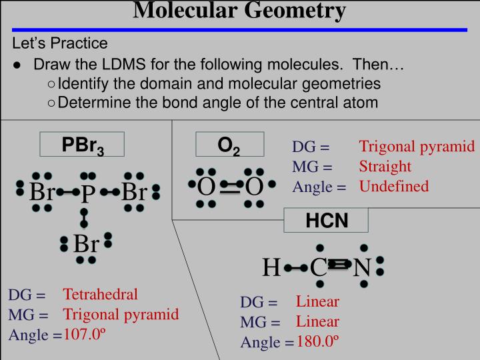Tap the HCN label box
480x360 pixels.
[x=327, y=221]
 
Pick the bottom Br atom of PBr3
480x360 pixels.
[x=86, y=244]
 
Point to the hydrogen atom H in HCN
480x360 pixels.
[x=271, y=268]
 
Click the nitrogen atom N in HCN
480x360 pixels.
[x=361, y=268]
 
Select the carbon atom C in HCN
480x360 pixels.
[x=318, y=268]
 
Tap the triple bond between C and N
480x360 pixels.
[x=339, y=267]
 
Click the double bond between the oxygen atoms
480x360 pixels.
[x=229, y=188]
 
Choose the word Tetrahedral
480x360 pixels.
[x=101, y=294]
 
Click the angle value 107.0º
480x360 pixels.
[x=85, y=334]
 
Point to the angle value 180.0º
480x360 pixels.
[x=318, y=341]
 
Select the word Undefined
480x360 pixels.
[x=394, y=186]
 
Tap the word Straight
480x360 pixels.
[x=385, y=166]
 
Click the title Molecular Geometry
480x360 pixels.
[x=240, y=11]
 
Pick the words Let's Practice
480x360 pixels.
[x=60, y=44]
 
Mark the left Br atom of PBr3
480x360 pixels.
[x=42, y=193]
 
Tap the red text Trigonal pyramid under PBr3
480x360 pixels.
[x=121, y=314]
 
